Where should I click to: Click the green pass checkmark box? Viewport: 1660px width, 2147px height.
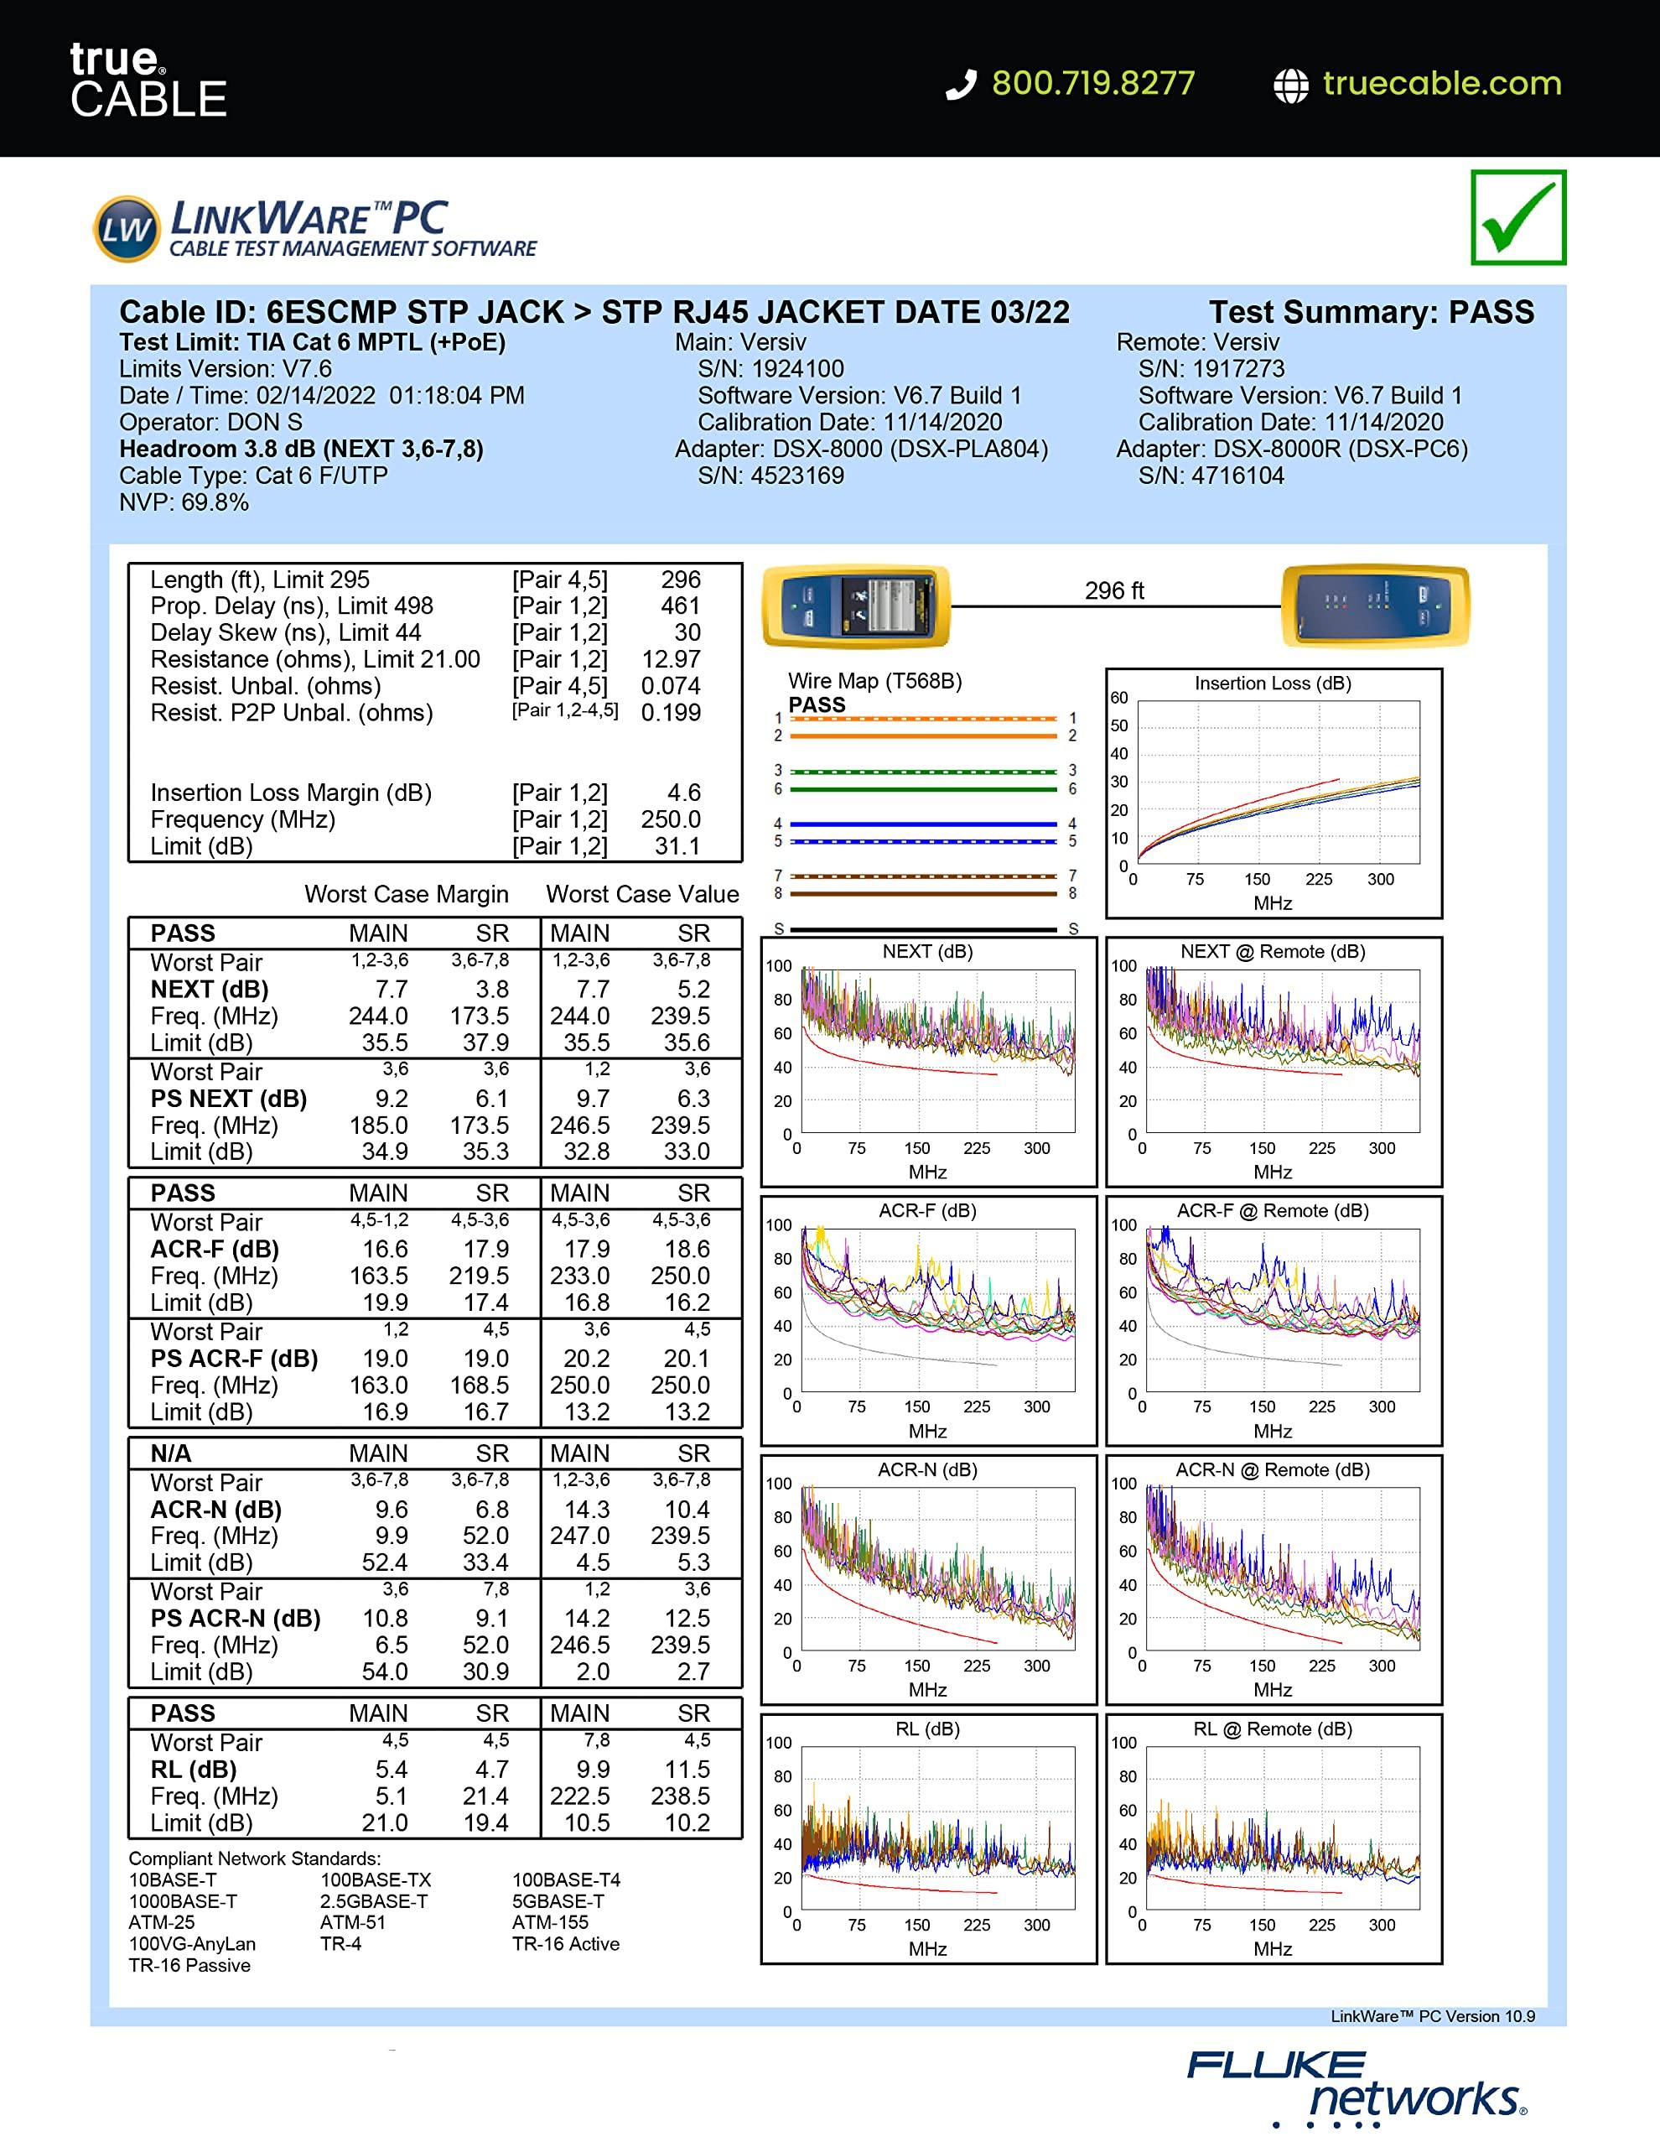[x=1517, y=217]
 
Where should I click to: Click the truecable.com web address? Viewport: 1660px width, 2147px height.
[x=1441, y=84]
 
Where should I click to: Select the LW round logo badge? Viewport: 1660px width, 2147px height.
[x=126, y=229]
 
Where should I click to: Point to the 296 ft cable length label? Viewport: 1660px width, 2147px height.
[x=1113, y=590]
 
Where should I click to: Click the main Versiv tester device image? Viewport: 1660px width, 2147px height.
[x=855, y=605]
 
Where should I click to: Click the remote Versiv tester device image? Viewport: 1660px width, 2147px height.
[x=1375, y=605]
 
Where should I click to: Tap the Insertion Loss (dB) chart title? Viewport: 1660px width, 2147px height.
[x=1272, y=684]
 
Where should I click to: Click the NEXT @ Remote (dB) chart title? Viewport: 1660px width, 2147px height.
[x=1272, y=952]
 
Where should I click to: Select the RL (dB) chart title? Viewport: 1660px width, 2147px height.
[x=926, y=1729]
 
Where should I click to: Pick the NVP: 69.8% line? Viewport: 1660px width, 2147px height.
[x=184, y=502]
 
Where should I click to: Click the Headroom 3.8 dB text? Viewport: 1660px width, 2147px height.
[x=301, y=450]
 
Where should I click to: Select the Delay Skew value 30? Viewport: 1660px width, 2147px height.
[x=686, y=633]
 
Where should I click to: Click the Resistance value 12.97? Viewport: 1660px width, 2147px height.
[x=671, y=660]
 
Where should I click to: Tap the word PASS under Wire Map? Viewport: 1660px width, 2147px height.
[x=817, y=704]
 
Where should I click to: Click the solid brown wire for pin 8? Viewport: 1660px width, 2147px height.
[x=924, y=893]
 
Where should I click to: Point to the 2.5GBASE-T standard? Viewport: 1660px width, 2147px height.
[x=373, y=1901]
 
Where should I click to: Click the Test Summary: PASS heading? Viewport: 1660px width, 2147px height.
[x=1370, y=313]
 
